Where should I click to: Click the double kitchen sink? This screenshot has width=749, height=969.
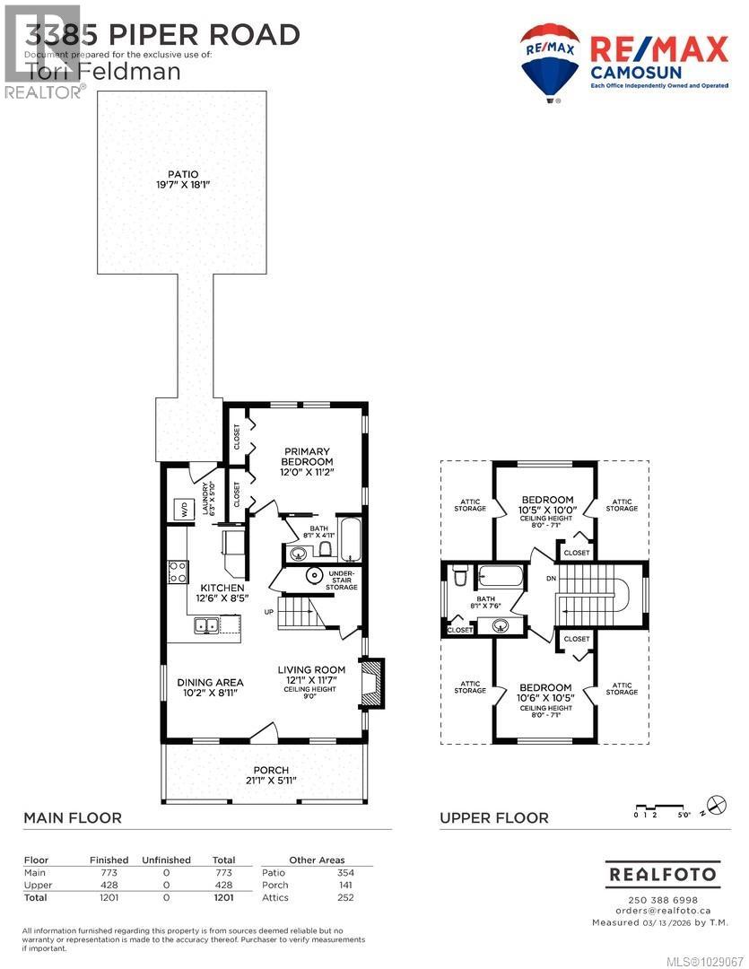click(x=208, y=626)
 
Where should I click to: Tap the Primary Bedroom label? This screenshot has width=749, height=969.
click(x=308, y=458)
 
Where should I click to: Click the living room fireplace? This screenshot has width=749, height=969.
click(x=371, y=680)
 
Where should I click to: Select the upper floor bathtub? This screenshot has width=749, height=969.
click(x=504, y=576)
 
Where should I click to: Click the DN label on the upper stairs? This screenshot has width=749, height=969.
click(x=551, y=579)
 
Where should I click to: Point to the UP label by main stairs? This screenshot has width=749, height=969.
click(x=269, y=612)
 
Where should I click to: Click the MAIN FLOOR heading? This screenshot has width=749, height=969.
click(x=73, y=818)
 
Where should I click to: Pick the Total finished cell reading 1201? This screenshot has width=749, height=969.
click(x=109, y=897)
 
